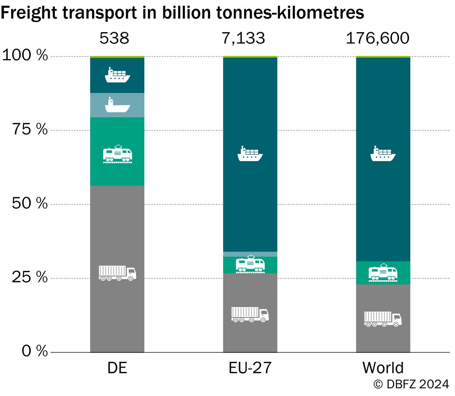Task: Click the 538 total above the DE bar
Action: tap(114, 38)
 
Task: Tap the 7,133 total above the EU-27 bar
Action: tap(243, 38)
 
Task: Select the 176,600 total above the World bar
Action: tap(378, 38)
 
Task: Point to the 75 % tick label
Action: tap(30, 129)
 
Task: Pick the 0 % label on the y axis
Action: tap(35, 351)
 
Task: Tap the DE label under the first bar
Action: tap(117, 368)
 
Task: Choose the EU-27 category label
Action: tap(250, 368)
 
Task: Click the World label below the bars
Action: tap(383, 368)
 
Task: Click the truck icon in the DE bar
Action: tap(117, 273)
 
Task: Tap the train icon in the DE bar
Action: tap(117, 154)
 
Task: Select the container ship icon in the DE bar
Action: tap(117, 75)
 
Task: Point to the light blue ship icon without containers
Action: tap(117, 105)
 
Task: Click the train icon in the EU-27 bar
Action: tap(250, 264)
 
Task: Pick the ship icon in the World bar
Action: tap(383, 153)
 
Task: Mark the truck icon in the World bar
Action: tap(383, 319)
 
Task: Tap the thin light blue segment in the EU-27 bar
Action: tap(250, 254)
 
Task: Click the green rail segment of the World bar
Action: tap(383, 273)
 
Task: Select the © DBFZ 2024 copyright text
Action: tap(411, 384)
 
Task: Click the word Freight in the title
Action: tap(29, 13)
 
